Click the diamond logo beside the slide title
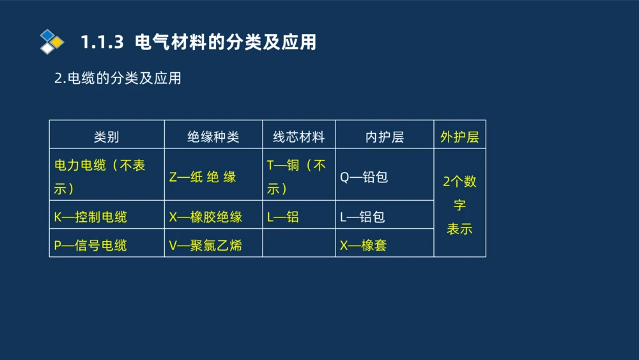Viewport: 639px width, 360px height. click(x=52, y=42)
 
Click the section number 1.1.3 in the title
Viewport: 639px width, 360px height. click(x=101, y=42)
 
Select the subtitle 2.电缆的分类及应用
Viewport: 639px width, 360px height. click(x=118, y=78)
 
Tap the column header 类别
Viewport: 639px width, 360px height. click(x=106, y=137)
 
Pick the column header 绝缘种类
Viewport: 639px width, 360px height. click(x=213, y=137)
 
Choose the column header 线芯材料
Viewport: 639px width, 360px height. click(x=298, y=137)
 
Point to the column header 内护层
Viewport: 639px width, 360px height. click(x=384, y=137)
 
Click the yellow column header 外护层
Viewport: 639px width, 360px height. click(x=459, y=137)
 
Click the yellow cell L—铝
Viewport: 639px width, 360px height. click(x=283, y=217)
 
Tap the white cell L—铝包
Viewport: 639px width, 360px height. click(x=362, y=217)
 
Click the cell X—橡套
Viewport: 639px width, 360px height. click(x=363, y=245)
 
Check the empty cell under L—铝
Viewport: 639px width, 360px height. click(x=298, y=244)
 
